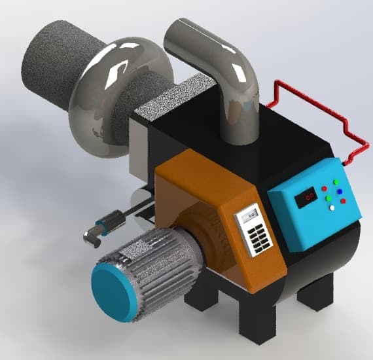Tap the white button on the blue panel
pyautogui.click(x=332, y=207)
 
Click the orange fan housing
pyautogui.click(x=196, y=196)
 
